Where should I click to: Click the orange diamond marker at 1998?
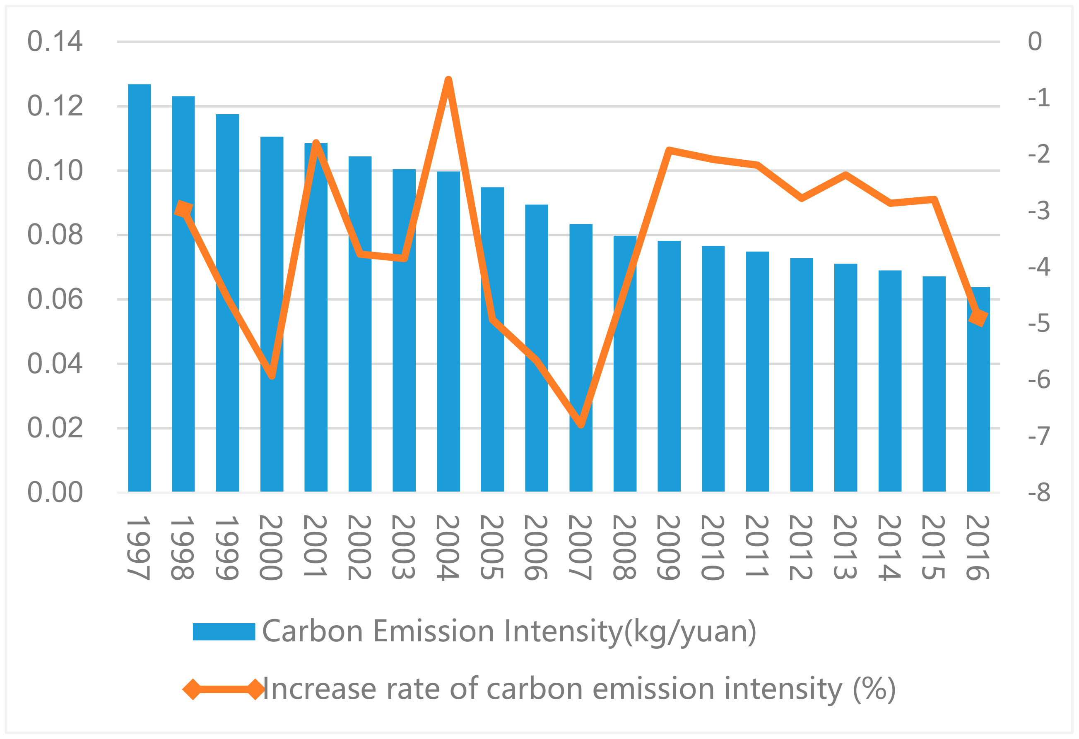[184, 209]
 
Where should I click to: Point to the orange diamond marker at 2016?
[978, 318]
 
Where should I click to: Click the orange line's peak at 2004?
[448, 79]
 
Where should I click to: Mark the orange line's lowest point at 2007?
[581, 425]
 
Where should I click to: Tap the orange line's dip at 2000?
[272, 376]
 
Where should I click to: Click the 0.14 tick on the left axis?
[55, 41]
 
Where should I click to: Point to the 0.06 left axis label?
[55, 299]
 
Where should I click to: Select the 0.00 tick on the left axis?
[55, 492]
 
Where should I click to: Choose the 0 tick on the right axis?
[1035, 41]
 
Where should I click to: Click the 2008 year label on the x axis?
[625, 547]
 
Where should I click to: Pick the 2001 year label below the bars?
[316, 546]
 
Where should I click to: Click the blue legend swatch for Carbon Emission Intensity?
[224, 631]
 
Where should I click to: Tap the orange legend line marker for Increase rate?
[224, 689]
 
